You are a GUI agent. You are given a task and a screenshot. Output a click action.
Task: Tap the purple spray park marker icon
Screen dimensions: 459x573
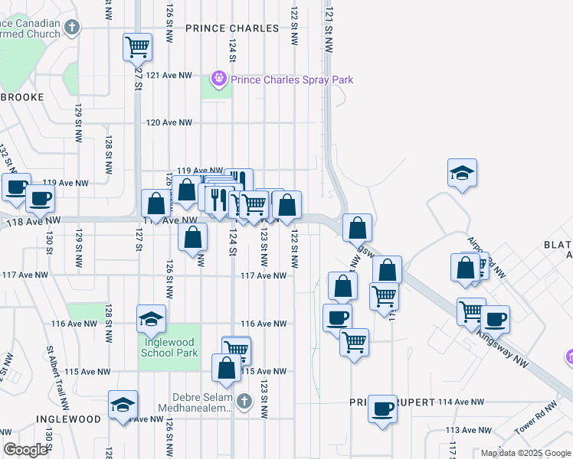(x=219, y=78)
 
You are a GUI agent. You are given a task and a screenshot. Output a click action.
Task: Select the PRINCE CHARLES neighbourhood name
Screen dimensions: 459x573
(x=232, y=28)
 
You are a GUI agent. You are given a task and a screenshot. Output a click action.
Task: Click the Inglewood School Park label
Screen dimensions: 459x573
(x=169, y=347)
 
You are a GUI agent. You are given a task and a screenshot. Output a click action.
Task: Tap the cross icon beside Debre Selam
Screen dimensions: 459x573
(x=244, y=401)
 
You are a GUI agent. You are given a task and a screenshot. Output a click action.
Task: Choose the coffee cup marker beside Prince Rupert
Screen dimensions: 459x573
(x=382, y=408)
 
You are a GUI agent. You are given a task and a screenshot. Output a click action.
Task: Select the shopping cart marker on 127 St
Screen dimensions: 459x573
(x=137, y=47)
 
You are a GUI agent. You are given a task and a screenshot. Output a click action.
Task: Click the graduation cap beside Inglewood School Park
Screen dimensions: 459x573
(x=152, y=318)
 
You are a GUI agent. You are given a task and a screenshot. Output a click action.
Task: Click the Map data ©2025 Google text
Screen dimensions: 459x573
(x=526, y=453)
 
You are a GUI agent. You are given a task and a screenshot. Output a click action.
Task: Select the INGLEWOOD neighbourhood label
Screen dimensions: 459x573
(x=67, y=419)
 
